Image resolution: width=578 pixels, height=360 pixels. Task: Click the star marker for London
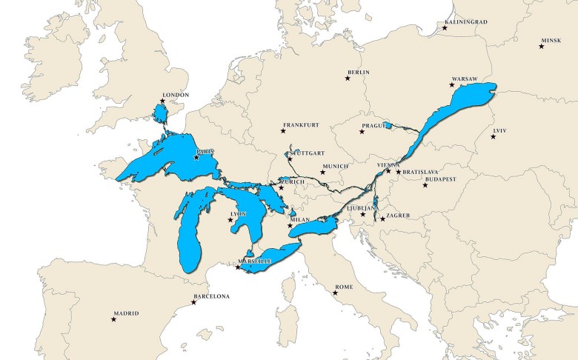pos(162,101)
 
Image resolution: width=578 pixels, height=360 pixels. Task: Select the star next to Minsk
pos(541,47)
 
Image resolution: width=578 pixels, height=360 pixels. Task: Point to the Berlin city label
pos(357,73)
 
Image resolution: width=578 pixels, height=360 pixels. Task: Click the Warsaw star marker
pos(452,85)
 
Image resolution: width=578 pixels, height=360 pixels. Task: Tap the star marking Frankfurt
pos(283,131)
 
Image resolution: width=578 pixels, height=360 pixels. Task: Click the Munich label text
pos(335,167)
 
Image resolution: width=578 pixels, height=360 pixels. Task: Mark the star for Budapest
pos(425,185)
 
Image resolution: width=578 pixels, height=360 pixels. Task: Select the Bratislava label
pos(422,173)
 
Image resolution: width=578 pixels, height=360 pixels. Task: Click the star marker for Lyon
pos(230,220)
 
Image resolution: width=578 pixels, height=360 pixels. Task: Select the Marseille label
pos(256,261)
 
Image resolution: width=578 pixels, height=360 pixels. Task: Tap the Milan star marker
pos(290,226)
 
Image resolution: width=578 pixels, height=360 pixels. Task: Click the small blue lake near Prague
pos(387,126)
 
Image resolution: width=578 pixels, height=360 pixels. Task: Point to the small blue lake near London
pos(159,114)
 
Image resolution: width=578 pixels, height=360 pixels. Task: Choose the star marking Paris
pos(196,157)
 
